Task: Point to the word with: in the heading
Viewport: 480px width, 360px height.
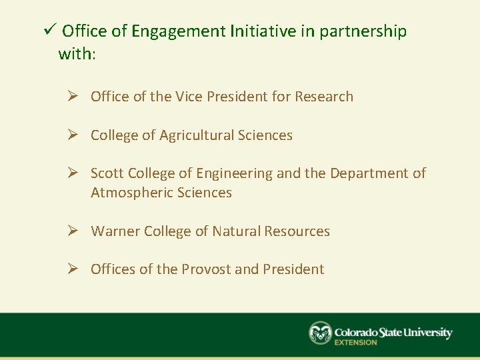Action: coord(77,54)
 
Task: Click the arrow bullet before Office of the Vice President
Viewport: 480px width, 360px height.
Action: coord(75,97)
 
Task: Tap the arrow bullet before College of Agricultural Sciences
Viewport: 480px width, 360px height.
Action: coord(75,135)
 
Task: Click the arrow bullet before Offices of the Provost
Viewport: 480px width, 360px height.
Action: coord(75,269)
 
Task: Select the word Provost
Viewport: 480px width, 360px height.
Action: coord(205,269)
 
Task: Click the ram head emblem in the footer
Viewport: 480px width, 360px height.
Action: coord(320,333)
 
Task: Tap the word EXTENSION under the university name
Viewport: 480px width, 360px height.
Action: coord(355,343)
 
